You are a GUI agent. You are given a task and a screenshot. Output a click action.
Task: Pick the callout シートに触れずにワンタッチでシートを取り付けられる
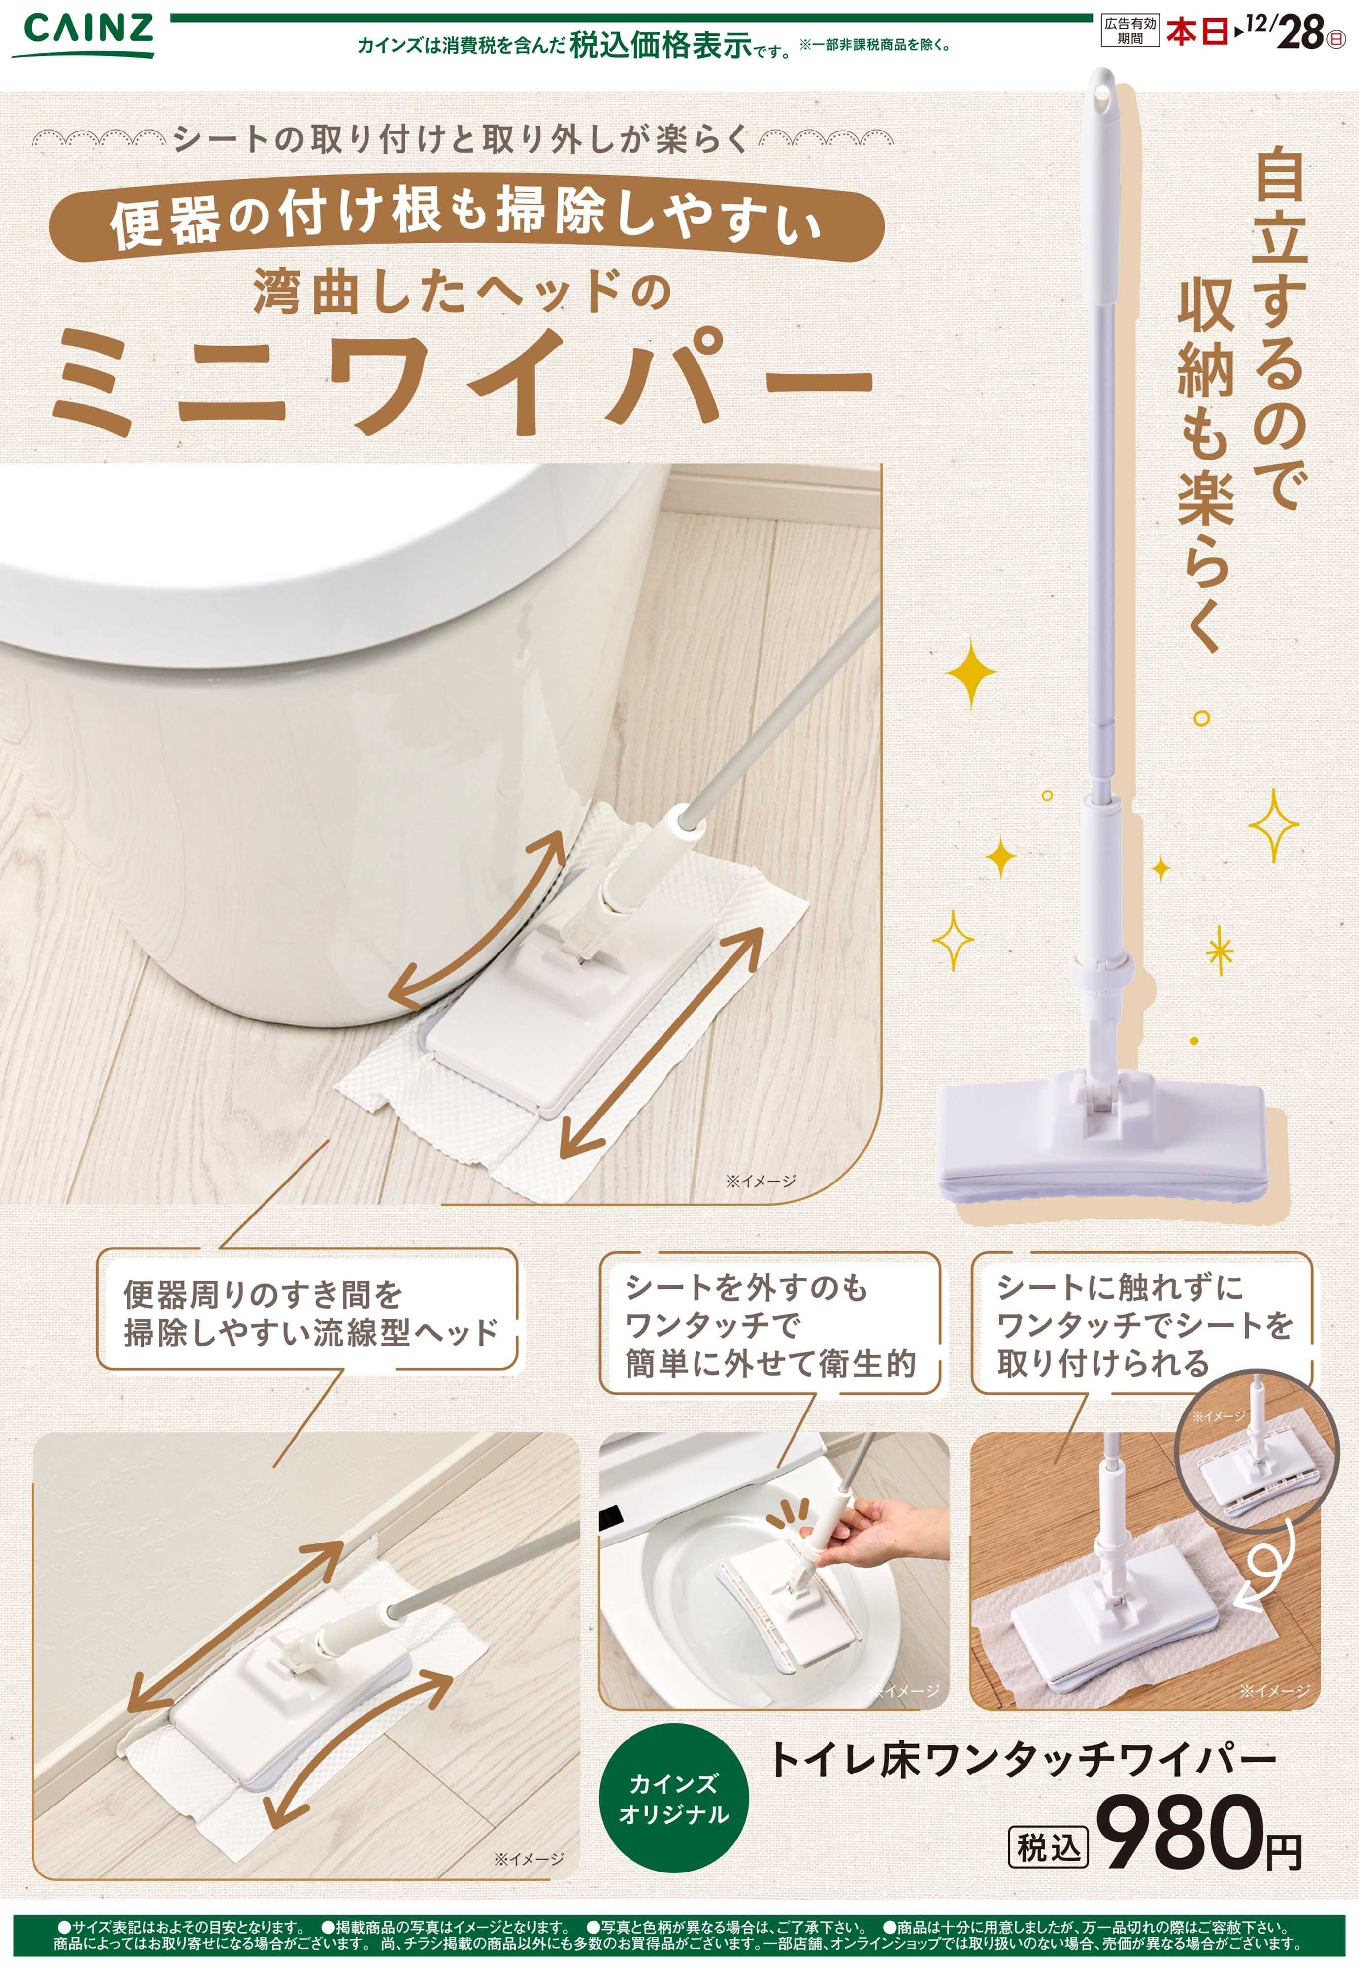point(1141,1325)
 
